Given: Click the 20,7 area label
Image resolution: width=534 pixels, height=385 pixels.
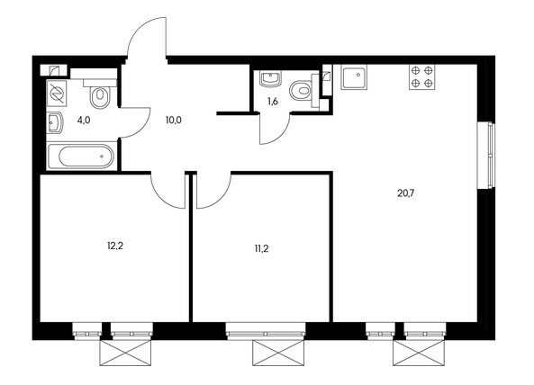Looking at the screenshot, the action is click(x=406, y=193).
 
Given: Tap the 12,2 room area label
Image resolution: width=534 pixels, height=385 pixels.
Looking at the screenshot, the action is click(x=115, y=246).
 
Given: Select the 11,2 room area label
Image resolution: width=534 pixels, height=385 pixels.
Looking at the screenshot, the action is click(x=261, y=248).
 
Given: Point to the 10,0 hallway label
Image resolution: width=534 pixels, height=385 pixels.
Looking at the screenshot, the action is click(x=174, y=120).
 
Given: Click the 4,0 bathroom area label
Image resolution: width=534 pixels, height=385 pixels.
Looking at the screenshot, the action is click(x=84, y=120).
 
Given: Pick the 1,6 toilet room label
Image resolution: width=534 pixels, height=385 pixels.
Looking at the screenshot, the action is click(x=273, y=101).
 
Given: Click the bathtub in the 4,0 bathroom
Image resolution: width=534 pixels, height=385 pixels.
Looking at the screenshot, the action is click(x=81, y=157).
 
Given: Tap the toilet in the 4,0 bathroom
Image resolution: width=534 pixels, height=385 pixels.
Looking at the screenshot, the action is click(x=100, y=93).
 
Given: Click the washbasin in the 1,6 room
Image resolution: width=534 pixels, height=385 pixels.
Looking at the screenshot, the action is click(x=270, y=79).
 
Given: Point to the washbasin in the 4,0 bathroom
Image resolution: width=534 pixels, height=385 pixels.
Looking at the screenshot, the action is click(x=55, y=122).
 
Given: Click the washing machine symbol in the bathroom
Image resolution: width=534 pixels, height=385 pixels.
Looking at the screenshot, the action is click(x=57, y=94).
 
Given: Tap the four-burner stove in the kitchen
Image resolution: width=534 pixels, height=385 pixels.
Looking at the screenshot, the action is click(x=422, y=76).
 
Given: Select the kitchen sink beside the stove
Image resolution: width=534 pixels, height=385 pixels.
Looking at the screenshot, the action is click(x=354, y=76).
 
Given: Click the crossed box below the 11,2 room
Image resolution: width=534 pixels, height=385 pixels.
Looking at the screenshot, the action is click(x=278, y=353).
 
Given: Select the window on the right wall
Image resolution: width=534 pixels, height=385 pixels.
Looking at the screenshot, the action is click(x=485, y=155).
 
